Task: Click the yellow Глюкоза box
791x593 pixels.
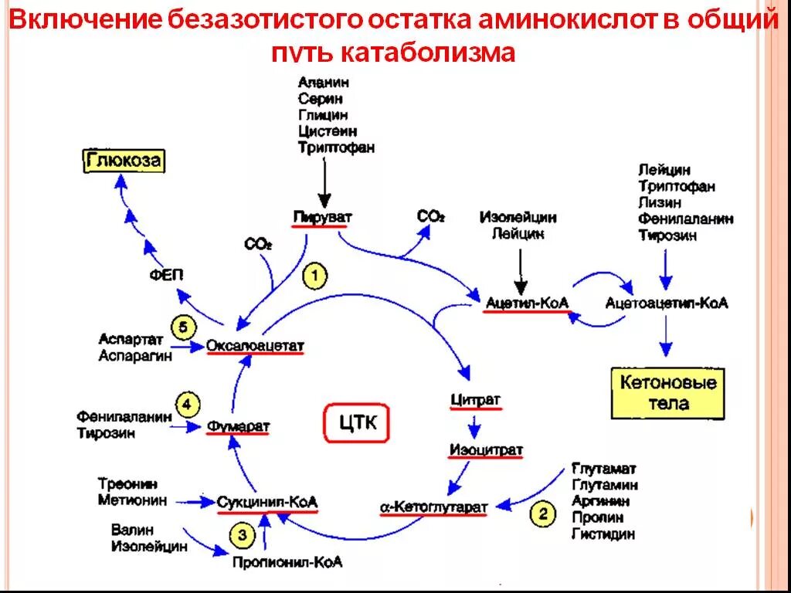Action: (124, 161)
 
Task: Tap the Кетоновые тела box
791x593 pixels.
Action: (668, 393)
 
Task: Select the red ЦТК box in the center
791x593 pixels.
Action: (357, 422)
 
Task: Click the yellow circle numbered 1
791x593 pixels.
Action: (315, 276)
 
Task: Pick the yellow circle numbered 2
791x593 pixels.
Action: (542, 513)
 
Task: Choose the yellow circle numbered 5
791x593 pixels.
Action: (183, 328)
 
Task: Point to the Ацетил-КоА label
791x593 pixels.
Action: (527, 303)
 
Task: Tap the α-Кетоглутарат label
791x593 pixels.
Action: (434, 507)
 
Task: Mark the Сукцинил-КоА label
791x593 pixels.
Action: (267, 502)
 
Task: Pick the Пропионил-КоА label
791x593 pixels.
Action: (287, 562)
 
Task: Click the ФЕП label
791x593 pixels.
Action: (167, 275)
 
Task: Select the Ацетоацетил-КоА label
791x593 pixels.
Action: (667, 303)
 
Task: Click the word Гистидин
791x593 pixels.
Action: (603, 534)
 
